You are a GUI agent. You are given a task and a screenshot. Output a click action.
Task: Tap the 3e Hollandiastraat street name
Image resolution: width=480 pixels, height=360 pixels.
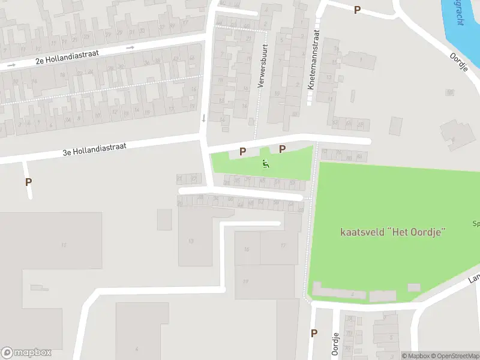click(x=94, y=149)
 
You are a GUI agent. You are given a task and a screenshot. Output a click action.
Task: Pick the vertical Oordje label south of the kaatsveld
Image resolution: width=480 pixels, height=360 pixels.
click(x=335, y=343)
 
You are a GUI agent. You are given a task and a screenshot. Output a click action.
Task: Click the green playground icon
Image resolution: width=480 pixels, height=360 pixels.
click(x=266, y=163)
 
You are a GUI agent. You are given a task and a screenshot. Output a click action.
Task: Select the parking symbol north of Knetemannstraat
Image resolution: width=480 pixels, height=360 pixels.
click(x=357, y=10)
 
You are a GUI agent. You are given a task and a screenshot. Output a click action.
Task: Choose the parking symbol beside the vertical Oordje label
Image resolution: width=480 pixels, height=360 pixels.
click(x=313, y=333)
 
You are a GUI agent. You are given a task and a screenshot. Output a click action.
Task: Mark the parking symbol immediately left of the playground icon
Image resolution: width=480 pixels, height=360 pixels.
click(x=243, y=152)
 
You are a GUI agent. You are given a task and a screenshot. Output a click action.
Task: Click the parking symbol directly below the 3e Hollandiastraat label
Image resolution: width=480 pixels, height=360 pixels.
click(x=28, y=182)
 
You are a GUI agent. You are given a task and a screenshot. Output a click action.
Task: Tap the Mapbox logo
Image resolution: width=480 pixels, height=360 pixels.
click(x=26, y=353)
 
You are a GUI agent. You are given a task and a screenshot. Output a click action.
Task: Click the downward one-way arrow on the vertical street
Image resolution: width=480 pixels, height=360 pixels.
click(x=204, y=118)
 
